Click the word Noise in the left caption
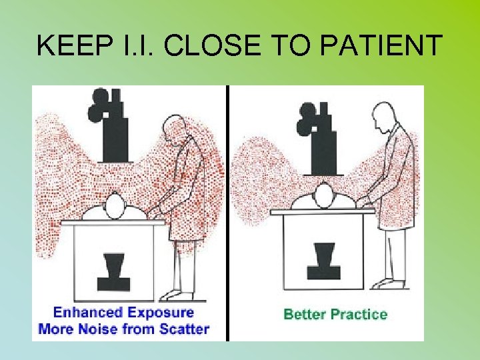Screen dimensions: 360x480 [103, 329]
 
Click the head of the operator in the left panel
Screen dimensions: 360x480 [174, 127]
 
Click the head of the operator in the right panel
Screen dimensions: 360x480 [383, 115]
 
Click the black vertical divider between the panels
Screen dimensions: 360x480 [227, 213]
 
